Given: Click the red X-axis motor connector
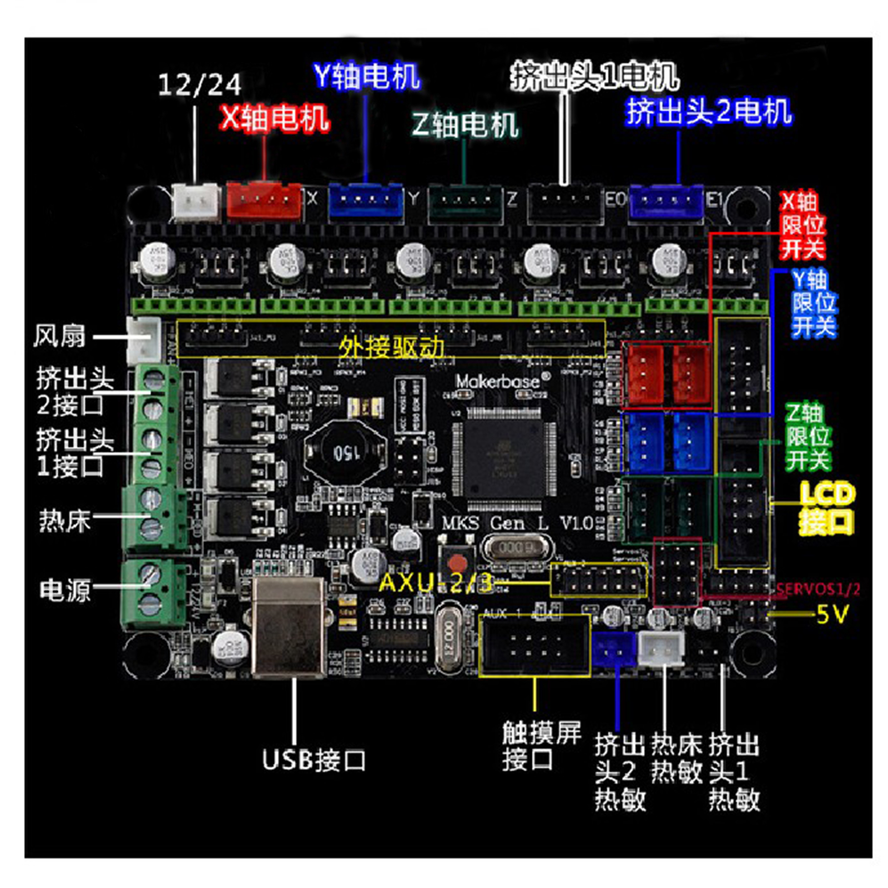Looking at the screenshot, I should (x=264, y=200).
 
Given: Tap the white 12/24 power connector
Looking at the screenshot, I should (x=195, y=201).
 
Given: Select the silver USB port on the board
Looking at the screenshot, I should (x=289, y=627).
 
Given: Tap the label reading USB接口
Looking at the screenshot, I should (x=314, y=759).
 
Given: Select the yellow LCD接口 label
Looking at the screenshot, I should (x=826, y=507).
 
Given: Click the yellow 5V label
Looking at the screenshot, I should (x=832, y=614).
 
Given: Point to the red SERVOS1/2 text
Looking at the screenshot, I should (x=818, y=589).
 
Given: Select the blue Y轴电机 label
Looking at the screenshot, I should (x=366, y=76).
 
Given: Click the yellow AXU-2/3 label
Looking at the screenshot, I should (x=436, y=583).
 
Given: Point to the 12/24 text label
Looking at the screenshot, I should (x=199, y=85).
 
